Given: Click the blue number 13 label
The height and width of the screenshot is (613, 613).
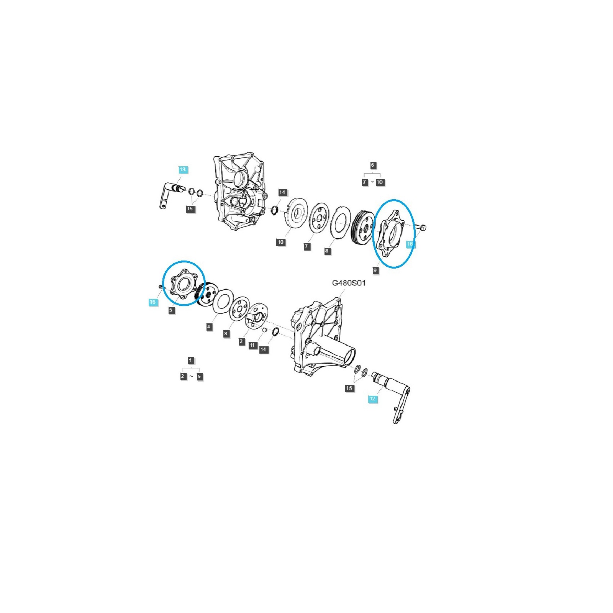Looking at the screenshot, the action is (x=182, y=169).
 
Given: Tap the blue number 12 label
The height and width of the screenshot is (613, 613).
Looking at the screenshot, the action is (x=372, y=398).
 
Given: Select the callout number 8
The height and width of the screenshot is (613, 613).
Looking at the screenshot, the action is (x=326, y=251).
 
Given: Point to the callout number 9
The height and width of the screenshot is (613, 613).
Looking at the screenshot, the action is (x=375, y=270).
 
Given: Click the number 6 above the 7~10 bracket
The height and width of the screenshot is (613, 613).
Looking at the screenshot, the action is (x=372, y=165).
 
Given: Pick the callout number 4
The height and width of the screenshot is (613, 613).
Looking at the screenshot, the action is (x=209, y=327).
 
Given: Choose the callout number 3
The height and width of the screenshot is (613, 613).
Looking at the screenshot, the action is (x=226, y=334).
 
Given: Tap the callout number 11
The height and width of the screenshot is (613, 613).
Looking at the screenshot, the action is (x=252, y=345).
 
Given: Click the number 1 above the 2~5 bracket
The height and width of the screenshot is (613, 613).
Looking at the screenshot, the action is (x=191, y=360).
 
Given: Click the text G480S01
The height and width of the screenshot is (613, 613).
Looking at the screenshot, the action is (x=349, y=283).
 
